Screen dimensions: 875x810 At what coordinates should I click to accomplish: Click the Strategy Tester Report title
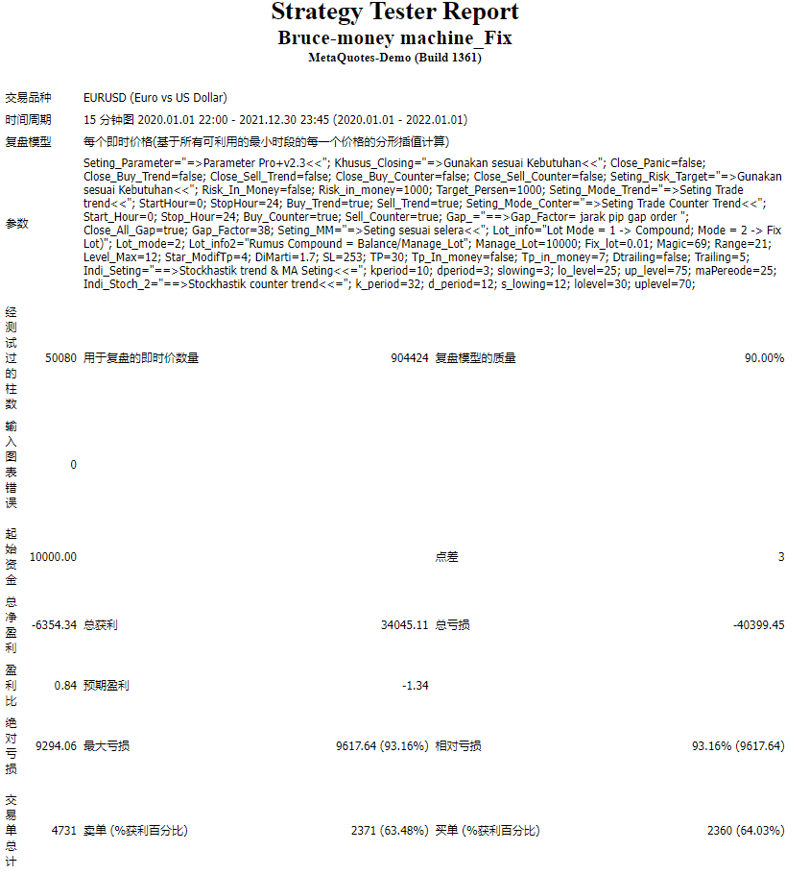pos(394,12)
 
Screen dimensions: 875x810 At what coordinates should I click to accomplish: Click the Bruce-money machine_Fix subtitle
pos(394,38)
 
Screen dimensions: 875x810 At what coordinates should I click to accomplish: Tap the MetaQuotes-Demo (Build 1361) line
pos(394,58)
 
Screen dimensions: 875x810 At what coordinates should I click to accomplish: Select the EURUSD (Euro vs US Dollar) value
pos(155,98)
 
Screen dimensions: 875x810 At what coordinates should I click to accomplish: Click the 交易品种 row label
pos(28,98)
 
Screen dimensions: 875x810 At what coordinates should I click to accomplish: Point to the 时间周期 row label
pos(28,120)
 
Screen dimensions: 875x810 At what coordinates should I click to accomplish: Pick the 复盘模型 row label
pos(28,142)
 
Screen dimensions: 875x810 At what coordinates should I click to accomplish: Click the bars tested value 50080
pos(60,358)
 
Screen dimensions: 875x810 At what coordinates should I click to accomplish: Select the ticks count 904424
pos(409,358)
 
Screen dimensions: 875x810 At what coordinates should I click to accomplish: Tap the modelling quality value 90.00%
pos(764,358)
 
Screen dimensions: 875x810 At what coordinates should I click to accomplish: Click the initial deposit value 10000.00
pos(53,557)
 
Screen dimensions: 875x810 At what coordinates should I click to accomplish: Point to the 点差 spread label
pos(446,557)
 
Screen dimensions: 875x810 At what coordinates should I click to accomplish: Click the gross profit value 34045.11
pos(404,625)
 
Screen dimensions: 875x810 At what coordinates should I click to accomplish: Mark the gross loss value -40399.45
pos(758,625)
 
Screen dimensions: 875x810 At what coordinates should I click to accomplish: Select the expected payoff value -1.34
pos(415,686)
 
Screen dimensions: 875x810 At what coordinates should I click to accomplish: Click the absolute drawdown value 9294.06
pos(56,746)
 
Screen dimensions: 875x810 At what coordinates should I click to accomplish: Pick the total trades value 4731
pos(63,831)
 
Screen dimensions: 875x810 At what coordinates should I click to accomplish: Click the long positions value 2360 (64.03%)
pos(745,831)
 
